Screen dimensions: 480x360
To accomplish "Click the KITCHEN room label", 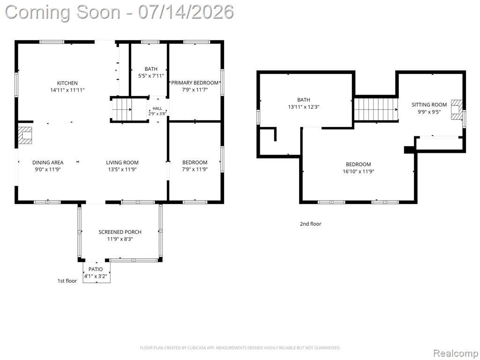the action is [x=67, y=83].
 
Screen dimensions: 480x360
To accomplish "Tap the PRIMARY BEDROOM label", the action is [x=195, y=82].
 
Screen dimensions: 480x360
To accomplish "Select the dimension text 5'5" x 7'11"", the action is [x=151, y=75].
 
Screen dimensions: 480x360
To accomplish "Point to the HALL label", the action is [x=157, y=108].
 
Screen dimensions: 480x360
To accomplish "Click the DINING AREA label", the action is [x=48, y=163].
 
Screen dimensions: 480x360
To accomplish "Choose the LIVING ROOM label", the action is [x=122, y=163].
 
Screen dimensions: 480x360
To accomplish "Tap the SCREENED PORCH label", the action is [x=120, y=232].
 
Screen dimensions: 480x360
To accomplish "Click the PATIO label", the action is [x=96, y=269].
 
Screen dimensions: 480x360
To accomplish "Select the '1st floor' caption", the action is [x=67, y=281].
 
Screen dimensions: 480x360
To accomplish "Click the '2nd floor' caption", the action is [x=310, y=224].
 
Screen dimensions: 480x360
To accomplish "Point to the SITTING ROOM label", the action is [x=429, y=105].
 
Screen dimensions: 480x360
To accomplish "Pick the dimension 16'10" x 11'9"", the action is [x=358, y=172].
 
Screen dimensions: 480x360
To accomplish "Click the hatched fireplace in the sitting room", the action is [x=456, y=109].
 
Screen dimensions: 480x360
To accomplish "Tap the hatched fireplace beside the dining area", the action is [x=25, y=135].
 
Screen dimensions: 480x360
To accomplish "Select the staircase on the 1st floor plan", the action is [x=122, y=109].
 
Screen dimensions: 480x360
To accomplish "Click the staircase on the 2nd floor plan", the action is [x=376, y=109].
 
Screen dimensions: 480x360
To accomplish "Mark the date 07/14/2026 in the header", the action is [x=186, y=12].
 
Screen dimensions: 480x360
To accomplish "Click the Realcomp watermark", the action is [x=455, y=353].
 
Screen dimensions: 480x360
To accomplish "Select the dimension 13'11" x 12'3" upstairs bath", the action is [x=304, y=107].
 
